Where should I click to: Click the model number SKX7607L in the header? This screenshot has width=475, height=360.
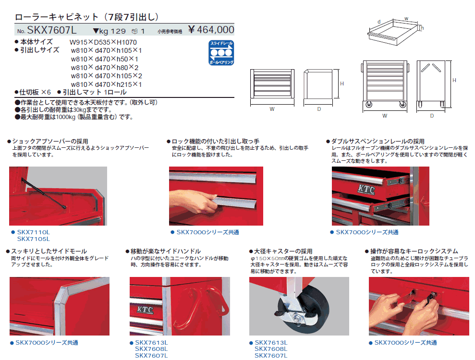pyautogui.click(x=52, y=30)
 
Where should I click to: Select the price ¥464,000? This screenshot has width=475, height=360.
pyautogui.click(x=211, y=30)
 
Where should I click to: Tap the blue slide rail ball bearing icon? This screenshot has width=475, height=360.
pyautogui.click(x=221, y=53)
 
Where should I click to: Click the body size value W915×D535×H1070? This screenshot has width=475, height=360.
pyautogui.click(x=103, y=42)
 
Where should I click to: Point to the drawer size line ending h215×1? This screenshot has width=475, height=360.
pyautogui.click(x=106, y=84)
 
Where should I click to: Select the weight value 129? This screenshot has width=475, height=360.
pyautogui.click(x=118, y=31)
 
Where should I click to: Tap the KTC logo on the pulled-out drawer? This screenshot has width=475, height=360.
pyautogui.click(x=366, y=190)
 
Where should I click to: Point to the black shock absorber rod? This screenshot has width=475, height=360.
pyautogui.click(x=44, y=193)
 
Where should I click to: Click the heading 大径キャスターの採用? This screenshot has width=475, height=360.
pyautogui.click(x=283, y=251)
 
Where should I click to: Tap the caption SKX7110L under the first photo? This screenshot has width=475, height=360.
pyautogui.click(x=33, y=232)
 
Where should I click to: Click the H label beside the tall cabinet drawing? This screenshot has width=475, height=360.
pyautogui.click(x=454, y=80)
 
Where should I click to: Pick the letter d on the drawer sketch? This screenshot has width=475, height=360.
pyautogui.click(x=379, y=22)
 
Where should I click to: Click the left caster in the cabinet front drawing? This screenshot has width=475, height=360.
pyautogui.click(x=369, y=105)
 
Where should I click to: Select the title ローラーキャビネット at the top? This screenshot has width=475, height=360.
pyautogui.click(x=57, y=17)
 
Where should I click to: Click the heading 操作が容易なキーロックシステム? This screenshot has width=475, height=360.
pyautogui.click(x=414, y=251)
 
